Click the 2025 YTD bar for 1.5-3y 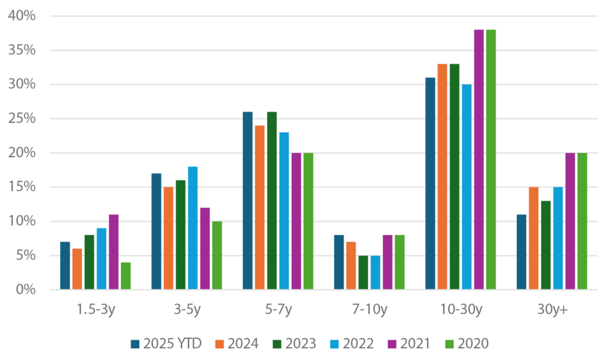65,266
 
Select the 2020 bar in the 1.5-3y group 125,276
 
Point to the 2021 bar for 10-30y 479,159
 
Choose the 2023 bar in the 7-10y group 362,272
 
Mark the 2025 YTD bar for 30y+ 521,252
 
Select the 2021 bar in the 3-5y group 205,249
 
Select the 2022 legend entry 351,343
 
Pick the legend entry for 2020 467,343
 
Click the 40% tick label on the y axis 23,16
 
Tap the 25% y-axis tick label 23,118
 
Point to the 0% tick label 27,290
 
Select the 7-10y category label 369,310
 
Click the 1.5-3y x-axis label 95,310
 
